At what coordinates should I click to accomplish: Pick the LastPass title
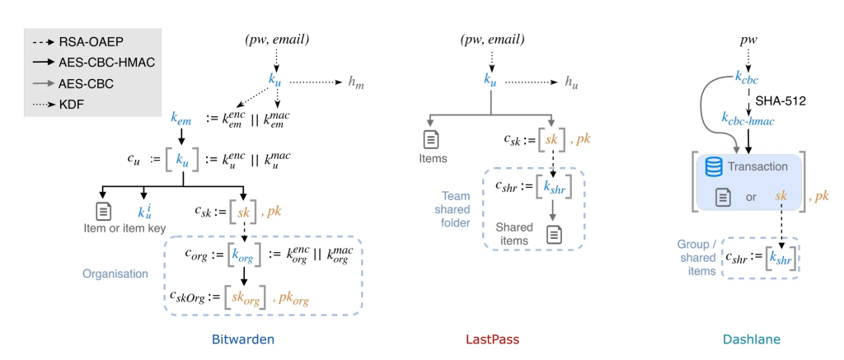[x=492, y=339]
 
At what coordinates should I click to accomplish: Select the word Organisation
[x=115, y=274]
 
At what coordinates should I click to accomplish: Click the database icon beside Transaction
[x=713, y=167]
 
